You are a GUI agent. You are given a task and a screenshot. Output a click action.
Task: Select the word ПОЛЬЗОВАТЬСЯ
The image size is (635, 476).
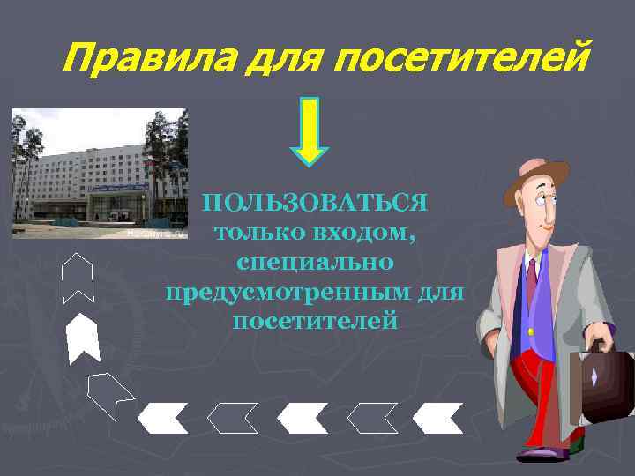point(316,204)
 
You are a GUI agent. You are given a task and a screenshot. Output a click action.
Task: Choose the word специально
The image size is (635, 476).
point(315,262)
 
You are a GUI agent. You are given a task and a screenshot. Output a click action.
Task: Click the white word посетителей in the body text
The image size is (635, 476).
point(315,320)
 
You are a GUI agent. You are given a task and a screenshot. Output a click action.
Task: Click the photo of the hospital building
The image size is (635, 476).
point(99,174)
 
